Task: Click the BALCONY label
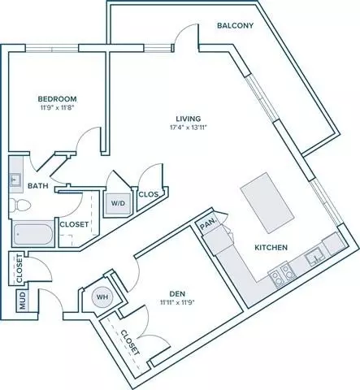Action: coord(235,25)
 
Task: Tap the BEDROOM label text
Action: coord(57,99)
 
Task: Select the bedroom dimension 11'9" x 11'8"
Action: coord(56,107)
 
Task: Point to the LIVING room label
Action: coord(189,119)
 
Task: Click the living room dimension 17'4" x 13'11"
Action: coord(189,128)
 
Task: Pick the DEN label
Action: coord(177,293)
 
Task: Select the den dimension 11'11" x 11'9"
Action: coord(177,302)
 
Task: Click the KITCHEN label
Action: coord(271,247)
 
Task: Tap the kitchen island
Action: coord(267,203)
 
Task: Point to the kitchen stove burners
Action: coord(282,275)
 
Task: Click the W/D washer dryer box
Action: coord(119,202)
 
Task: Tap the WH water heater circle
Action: coord(102,297)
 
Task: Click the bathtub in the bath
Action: coord(34,234)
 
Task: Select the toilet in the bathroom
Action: coord(20,205)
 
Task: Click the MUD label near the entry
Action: coord(22,301)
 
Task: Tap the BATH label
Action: coord(38,186)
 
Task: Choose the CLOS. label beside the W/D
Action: coord(149,194)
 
